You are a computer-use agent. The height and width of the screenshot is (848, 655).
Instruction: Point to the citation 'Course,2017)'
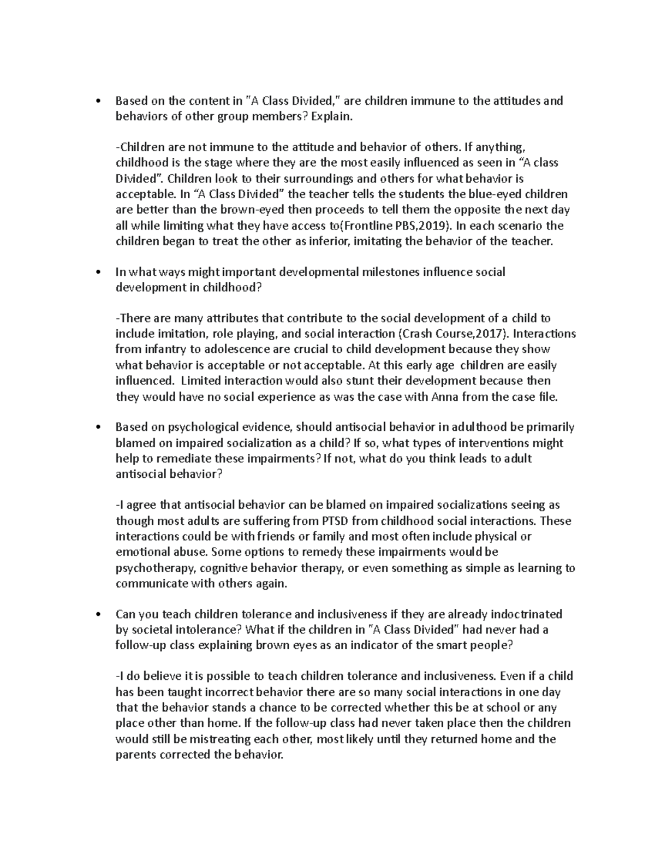click(x=475, y=334)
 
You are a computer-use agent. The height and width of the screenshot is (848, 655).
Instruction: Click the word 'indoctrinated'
click(x=528, y=614)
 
